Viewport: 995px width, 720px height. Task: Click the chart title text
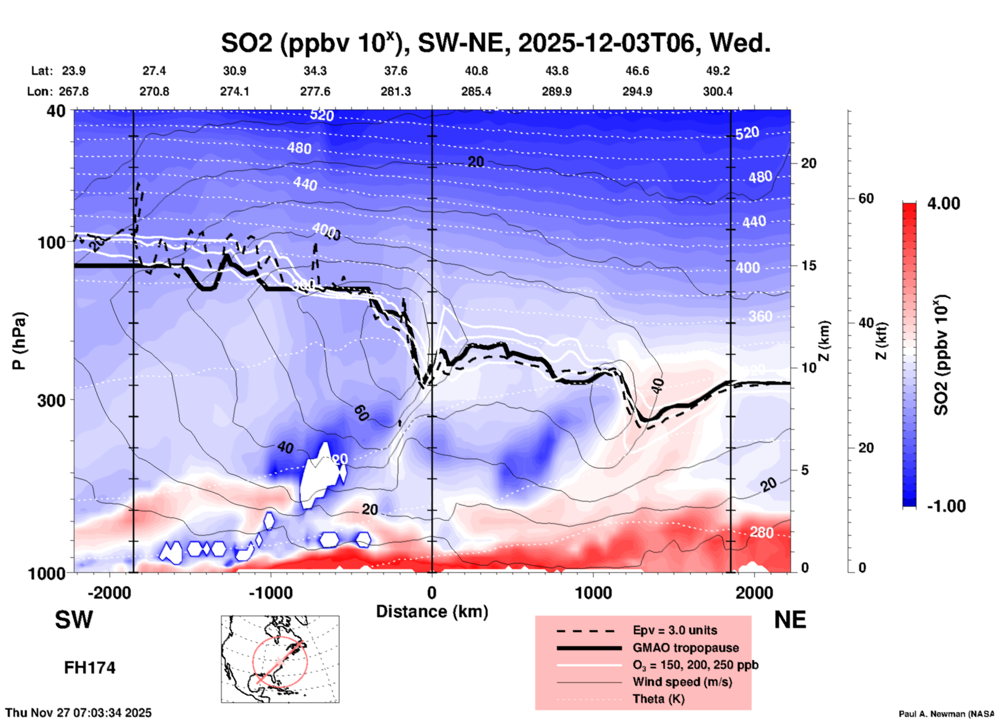[495, 43]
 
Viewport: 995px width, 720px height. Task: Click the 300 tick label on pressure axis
[52, 400]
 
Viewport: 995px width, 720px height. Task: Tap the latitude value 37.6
[396, 71]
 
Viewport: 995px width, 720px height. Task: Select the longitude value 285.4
[476, 91]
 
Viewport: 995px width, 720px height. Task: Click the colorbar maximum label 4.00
[943, 204]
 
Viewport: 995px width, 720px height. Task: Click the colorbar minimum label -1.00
[946, 506]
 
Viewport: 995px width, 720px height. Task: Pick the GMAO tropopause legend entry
[686, 648]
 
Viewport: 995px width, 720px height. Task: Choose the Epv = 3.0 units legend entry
[675, 630]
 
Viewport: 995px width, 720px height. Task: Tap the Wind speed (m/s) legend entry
[682, 682]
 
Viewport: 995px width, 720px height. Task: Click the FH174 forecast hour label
[89, 668]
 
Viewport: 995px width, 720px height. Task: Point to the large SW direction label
[74, 620]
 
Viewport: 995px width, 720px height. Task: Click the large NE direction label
[789, 620]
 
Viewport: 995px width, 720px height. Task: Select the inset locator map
[280, 659]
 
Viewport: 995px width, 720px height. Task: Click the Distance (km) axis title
[432, 612]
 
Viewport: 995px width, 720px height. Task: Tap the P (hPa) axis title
[19, 341]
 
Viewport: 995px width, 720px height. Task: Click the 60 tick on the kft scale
[866, 198]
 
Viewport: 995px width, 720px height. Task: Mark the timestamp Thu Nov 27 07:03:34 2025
[79, 713]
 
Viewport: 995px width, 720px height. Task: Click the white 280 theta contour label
[761, 532]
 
